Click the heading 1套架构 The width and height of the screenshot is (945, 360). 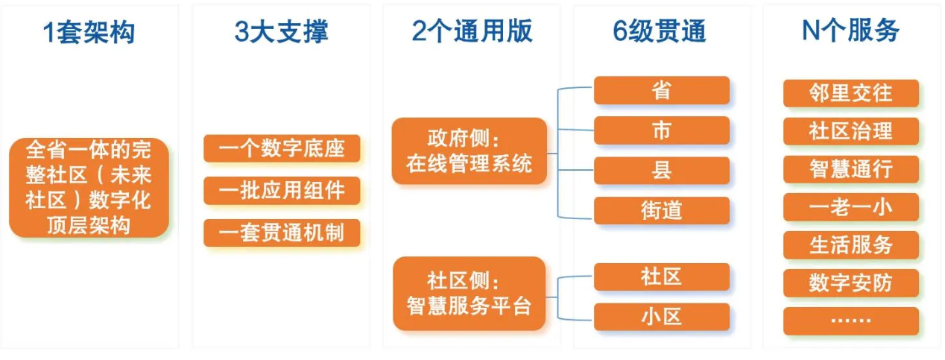pos(89,32)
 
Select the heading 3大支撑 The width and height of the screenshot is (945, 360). pos(281,32)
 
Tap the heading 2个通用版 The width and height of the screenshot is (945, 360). pos(472,32)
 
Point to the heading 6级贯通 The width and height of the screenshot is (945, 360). pos(661,32)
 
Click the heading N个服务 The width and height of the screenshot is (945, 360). pos(850,32)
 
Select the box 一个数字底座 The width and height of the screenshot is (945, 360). pos(282,148)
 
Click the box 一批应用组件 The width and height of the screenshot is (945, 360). pos(282,190)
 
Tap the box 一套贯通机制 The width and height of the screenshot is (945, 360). pos(282,233)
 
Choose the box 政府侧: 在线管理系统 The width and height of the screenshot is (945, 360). pos(470,151)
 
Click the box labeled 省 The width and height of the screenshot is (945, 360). pos(661,91)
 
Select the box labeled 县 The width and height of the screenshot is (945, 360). pos(661,170)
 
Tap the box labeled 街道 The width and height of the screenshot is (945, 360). pos(661,210)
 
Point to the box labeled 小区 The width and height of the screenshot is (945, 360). pos(661,317)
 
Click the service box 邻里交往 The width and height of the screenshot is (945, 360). pos(850,94)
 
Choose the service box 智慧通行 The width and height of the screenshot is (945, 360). pos(850,169)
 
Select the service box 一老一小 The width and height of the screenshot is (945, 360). pos(850,207)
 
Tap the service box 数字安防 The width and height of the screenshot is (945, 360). pos(850,283)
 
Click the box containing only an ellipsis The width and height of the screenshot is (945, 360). pos(850,320)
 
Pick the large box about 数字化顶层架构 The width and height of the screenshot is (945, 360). pos(89,188)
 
